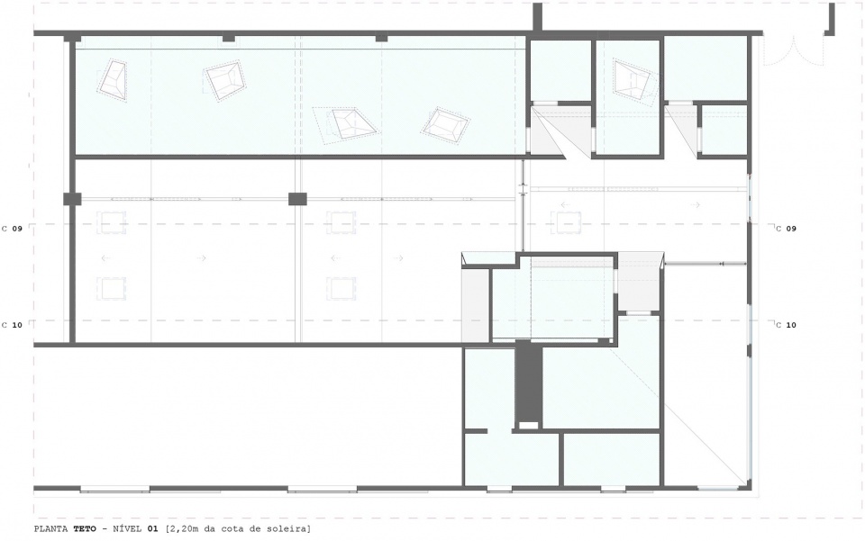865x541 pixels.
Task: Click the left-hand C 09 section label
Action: (12, 228)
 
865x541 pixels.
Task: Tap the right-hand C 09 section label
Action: (786, 228)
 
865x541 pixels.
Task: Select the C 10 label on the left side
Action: (12, 325)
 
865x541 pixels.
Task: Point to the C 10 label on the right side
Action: (786, 325)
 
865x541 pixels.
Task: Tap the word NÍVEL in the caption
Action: (127, 529)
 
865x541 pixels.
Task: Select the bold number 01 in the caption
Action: (152, 529)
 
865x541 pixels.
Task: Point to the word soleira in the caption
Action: (292, 529)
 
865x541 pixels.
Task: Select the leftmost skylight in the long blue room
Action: (113, 80)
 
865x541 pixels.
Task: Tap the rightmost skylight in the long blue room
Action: (446, 126)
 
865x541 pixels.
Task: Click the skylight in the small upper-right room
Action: (634, 80)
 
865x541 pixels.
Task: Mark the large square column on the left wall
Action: (72, 199)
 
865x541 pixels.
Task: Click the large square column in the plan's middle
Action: (297, 199)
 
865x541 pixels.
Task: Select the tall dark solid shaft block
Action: (529, 383)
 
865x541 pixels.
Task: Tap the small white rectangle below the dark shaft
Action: (529, 425)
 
